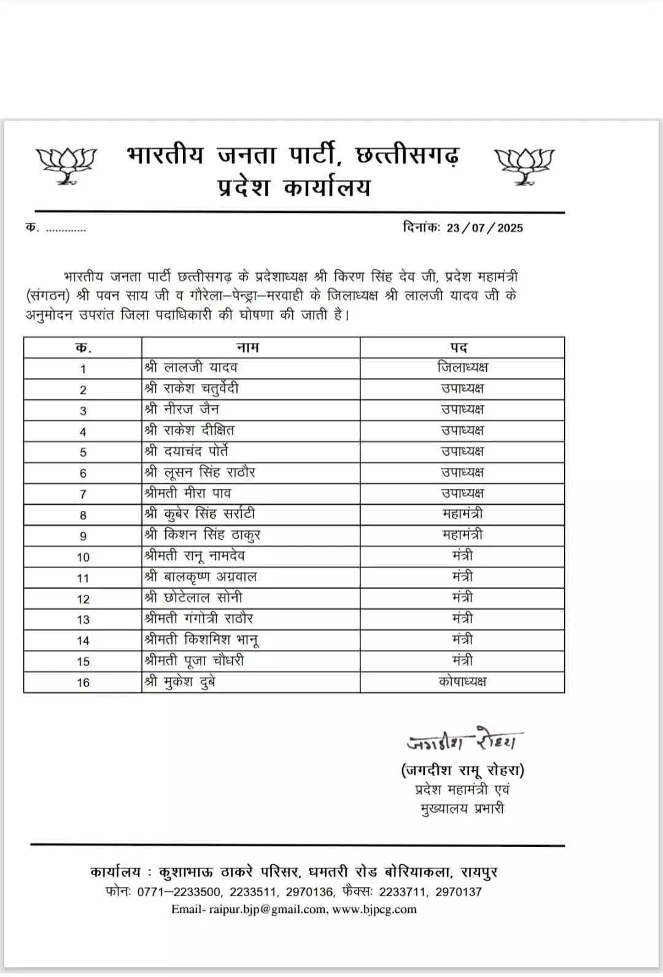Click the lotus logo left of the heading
pyautogui.click(x=66, y=164)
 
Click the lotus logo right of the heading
pyautogui.click(x=524, y=164)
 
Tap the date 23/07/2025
pyautogui.click(x=484, y=228)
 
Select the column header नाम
pyautogui.click(x=248, y=347)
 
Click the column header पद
pyautogui.click(x=459, y=347)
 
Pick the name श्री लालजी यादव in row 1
pyautogui.click(x=191, y=367)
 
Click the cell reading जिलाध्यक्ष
pyautogui.click(x=462, y=367)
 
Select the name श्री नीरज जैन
pyautogui.click(x=182, y=409)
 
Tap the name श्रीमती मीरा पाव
pyautogui.click(x=188, y=493)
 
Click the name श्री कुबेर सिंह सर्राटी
pyautogui.click(x=200, y=514)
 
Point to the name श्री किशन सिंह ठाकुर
pyautogui.click(x=203, y=535)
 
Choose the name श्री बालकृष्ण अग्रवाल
pyautogui.click(x=201, y=577)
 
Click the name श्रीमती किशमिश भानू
pyautogui.click(x=201, y=640)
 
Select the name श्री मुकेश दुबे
pyautogui.click(x=180, y=681)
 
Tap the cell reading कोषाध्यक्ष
pyautogui.click(x=462, y=681)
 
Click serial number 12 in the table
pyautogui.click(x=83, y=599)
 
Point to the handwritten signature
pyautogui.click(x=463, y=741)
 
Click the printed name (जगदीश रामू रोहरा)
pyautogui.click(x=462, y=770)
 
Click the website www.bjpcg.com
pyautogui.click(x=374, y=909)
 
